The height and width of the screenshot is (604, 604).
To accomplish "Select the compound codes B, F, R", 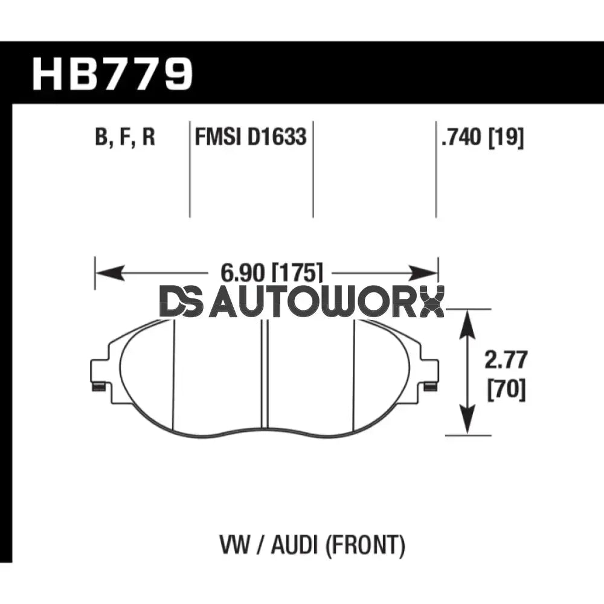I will point(125,138).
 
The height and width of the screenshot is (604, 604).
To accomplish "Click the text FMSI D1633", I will point(250,138).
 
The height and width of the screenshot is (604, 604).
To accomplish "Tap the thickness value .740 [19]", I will point(482,138).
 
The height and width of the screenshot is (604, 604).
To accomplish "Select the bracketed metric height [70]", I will point(506,390).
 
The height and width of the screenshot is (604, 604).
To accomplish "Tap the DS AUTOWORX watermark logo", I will point(301,302).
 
